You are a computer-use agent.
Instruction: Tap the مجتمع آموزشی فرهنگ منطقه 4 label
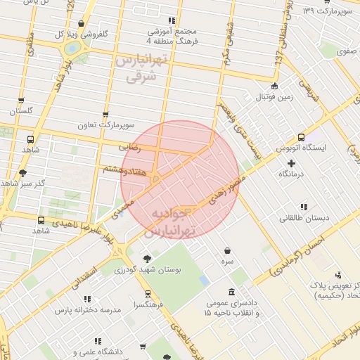[172, 37]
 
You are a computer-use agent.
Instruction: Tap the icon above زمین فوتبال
[274, 86]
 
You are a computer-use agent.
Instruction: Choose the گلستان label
[20, 111]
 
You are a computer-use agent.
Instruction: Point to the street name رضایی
[131, 148]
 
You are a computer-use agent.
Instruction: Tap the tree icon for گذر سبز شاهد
[22, 173]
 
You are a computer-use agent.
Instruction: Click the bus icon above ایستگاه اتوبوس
[301, 137]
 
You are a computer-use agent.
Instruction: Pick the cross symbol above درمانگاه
[291, 163]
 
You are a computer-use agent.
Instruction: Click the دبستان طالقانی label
[304, 218]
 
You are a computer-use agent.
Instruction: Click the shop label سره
[227, 260]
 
